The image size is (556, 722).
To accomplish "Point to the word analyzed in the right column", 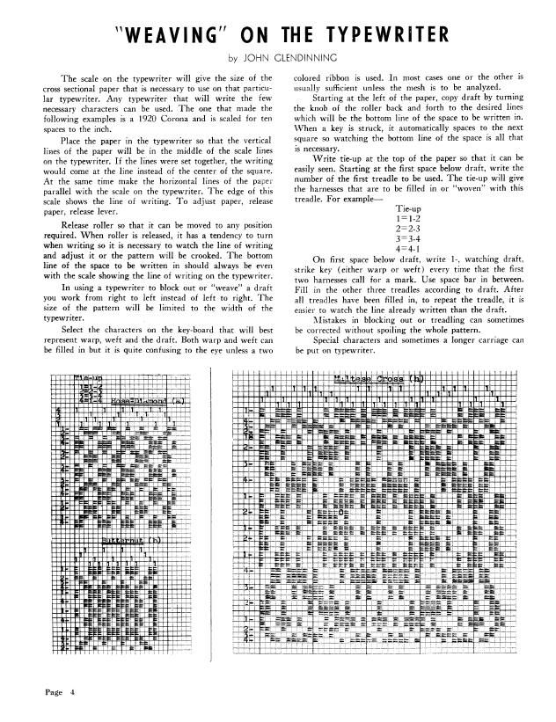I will point(500,91).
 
